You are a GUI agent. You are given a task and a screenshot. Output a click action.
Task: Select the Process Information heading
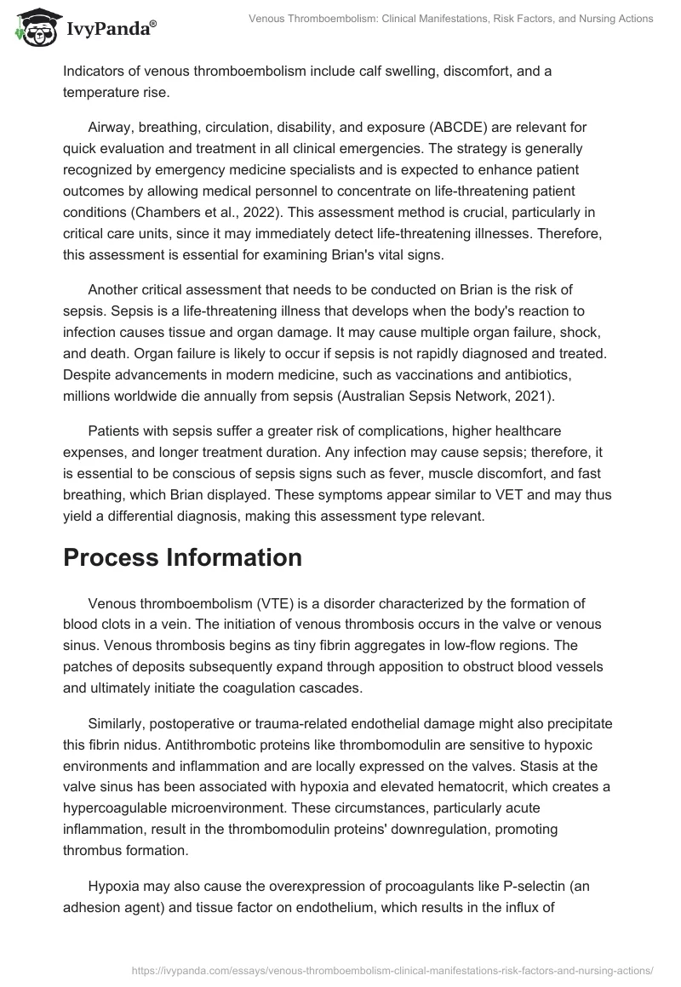pyautogui.click(x=182, y=558)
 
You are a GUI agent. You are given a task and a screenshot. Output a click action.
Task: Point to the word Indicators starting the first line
pyautogui.click(x=94, y=71)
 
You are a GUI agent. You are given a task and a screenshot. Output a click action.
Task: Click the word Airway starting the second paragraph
pyautogui.click(x=110, y=127)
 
